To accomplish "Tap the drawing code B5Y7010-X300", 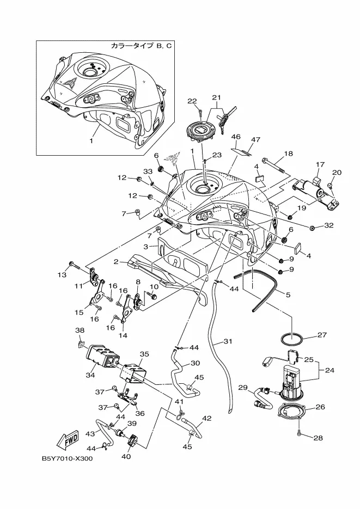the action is pos(67,459).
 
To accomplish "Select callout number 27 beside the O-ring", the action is pos(322,335).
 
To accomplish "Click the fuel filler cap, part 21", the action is pos(199,132).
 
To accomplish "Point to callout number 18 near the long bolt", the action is pos(288,154).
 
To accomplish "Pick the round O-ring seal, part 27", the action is pos(291,341).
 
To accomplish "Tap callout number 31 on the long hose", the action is pos(228,341).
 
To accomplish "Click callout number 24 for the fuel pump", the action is pos(330,370).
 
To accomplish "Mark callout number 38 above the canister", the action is pos(80,330).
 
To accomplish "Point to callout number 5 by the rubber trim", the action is pos(288,295).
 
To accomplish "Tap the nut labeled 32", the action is pos(311,229).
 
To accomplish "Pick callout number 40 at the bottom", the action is pos(126,456).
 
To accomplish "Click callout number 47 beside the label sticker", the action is pos(255,139).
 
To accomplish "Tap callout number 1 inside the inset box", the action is pos(91,141).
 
